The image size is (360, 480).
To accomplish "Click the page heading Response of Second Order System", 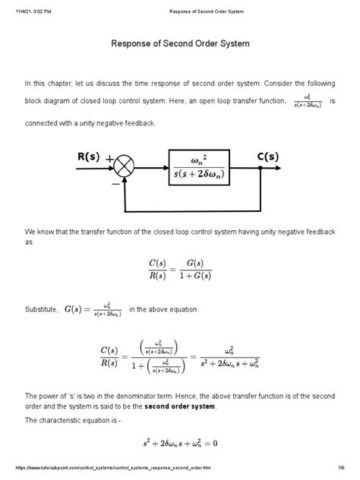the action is click(x=180, y=45).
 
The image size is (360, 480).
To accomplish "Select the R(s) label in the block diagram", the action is click(x=90, y=156).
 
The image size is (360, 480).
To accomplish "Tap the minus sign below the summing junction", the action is click(x=115, y=183).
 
